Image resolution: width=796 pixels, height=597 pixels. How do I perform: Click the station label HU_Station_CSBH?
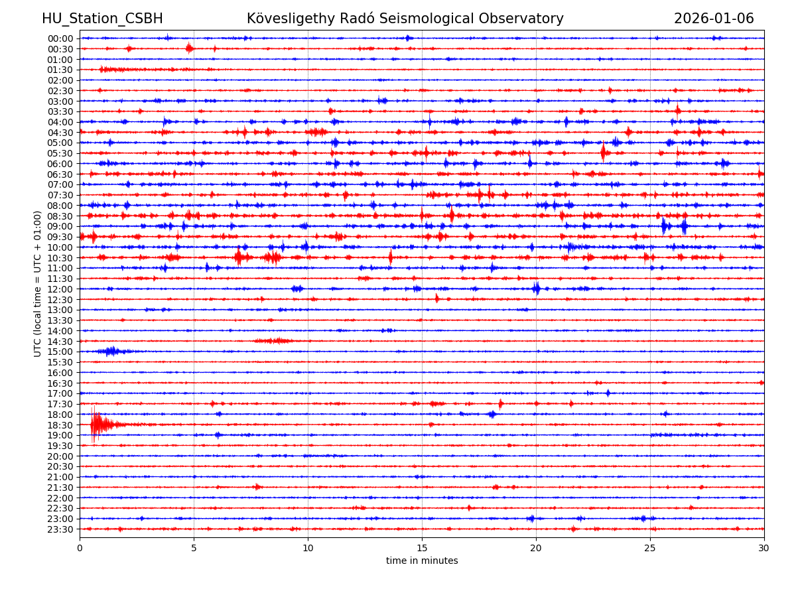tap(102, 19)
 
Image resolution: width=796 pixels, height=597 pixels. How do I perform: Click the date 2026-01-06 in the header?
tap(714, 19)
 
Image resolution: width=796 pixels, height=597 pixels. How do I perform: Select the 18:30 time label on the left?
tap(60, 425)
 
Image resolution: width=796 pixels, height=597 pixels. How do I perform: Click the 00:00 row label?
tap(60, 38)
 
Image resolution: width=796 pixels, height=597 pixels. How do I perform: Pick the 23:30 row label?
tap(60, 529)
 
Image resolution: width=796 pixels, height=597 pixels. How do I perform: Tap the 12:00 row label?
tap(60, 289)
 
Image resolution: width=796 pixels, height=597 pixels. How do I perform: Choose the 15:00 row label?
tap(60, 352)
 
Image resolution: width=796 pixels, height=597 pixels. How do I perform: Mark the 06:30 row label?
tap(60, 174)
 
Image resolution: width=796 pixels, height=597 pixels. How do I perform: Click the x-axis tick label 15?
tap(422, 549)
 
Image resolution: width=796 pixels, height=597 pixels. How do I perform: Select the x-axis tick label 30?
tap(764, 549)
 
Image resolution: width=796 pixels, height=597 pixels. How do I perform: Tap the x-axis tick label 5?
tap(194, 549)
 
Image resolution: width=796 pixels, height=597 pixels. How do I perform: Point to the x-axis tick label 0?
tap(80, 549)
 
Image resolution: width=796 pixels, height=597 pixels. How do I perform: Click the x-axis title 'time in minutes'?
tap(422, 561)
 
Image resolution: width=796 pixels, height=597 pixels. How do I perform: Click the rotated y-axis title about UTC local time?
tap(38, 283)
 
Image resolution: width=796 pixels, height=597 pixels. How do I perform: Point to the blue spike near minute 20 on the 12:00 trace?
tap(536, 289)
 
